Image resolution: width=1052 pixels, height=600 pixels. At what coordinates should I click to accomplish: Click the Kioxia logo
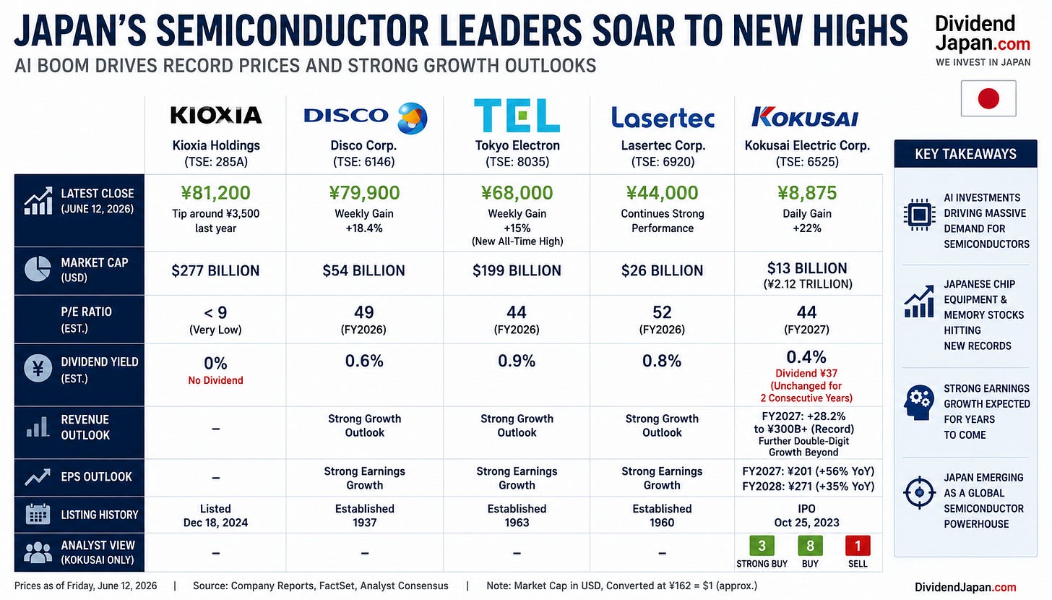coord(216,115)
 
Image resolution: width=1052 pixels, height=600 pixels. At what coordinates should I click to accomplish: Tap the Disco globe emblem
coord(413,118)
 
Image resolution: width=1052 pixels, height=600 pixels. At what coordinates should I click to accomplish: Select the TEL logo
coord(517,115)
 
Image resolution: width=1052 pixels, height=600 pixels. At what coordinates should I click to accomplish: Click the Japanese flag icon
coord(988,98)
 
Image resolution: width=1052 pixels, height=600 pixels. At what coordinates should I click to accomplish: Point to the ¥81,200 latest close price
coord(215,192)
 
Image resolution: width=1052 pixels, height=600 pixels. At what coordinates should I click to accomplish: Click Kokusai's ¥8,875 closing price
coord(807,192)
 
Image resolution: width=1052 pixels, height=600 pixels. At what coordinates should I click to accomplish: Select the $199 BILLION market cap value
coord(517,270)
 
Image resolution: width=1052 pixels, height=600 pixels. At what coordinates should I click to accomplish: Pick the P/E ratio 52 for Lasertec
coord(662,312)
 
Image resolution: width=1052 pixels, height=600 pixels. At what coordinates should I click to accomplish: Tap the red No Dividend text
coord(215,380)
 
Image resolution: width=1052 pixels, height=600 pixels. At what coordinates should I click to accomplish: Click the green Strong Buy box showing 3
coord(762,546)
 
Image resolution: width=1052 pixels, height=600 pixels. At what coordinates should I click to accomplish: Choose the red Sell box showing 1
coord(858,546)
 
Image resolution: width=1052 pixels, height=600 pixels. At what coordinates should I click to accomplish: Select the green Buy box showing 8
coord(810,546)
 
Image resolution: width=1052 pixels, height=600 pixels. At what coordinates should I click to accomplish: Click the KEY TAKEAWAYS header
coord(965,154)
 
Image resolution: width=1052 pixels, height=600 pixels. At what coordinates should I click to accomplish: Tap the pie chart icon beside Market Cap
coord(38,269)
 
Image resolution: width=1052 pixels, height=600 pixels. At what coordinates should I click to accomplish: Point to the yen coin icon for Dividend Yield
coord(38,369)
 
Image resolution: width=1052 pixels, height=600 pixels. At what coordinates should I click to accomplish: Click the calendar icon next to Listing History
coord(38,515)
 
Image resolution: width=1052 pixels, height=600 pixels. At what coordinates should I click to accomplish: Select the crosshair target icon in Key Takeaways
coord(919,492)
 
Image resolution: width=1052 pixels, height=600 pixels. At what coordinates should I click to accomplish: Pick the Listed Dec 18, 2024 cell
coord(215,515)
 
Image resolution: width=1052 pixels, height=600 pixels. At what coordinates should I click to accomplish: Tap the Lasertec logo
coord(663,117)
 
